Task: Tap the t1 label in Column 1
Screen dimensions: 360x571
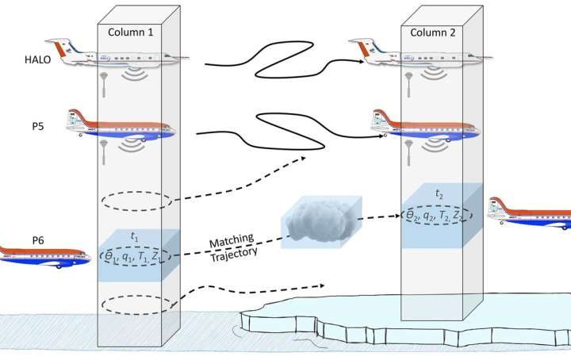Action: (136, 237)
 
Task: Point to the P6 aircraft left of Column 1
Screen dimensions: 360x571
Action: (44, 258)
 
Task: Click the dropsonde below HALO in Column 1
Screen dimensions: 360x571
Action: (105, 82)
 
